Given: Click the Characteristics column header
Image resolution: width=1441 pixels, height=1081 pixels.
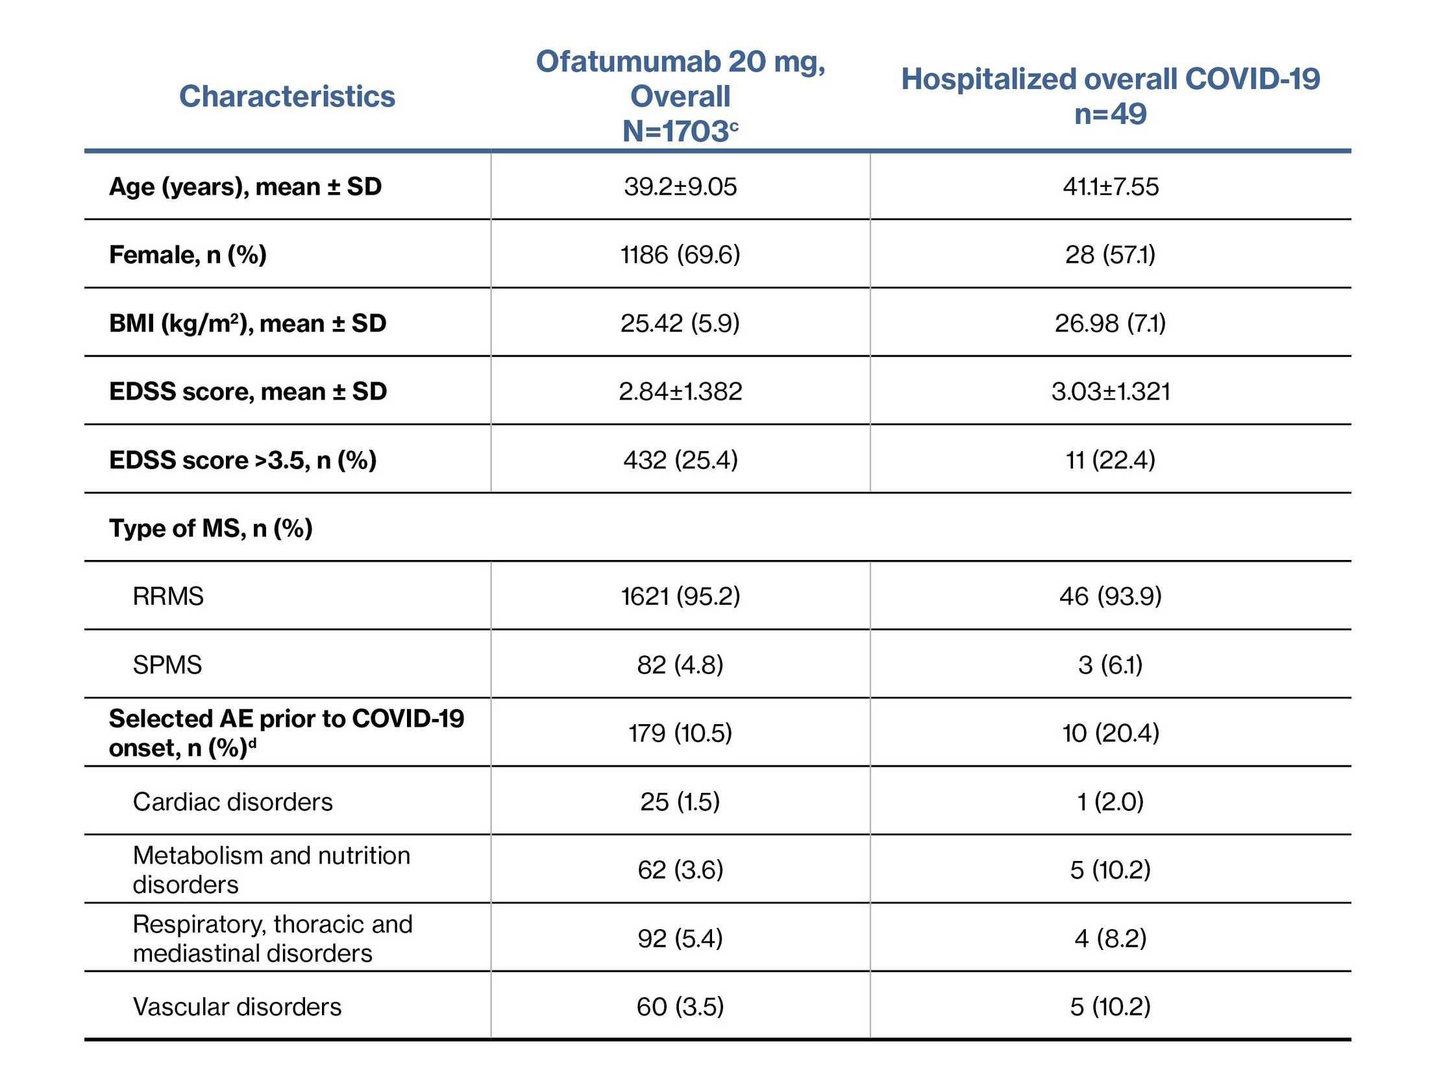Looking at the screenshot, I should point(287,97).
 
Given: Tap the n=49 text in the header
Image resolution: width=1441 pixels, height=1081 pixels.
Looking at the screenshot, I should point(1109,114).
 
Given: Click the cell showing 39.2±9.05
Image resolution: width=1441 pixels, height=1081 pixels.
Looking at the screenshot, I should point(680,187).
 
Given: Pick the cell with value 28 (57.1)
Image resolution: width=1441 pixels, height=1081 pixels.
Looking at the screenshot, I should point(1109,254).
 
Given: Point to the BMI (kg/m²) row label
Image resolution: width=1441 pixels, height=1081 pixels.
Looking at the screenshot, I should point(247,323).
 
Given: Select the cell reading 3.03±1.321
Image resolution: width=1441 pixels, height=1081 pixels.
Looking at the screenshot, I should point(1110,391).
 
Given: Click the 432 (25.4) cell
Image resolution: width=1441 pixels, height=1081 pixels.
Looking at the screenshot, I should point(680,460).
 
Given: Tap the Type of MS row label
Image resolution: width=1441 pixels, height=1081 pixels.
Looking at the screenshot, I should point(210,528).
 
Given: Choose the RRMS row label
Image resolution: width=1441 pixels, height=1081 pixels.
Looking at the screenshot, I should point(168,596).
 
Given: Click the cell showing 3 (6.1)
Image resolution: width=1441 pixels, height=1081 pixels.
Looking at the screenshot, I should point(1109,665).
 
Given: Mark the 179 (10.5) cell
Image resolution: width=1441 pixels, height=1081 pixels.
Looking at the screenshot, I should point(680,733).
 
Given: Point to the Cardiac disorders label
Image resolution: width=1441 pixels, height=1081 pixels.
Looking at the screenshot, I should point(232,801).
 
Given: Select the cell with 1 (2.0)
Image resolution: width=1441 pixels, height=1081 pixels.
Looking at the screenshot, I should point(1109,801).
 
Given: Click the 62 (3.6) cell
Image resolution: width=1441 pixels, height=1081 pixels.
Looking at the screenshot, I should point(680,870).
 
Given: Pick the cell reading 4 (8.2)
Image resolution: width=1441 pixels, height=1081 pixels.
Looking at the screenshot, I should point(1109,938).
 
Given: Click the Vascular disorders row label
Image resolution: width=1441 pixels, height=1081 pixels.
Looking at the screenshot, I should point(237,1007).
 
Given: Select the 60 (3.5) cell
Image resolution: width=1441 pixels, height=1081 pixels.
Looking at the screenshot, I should point(680,1007).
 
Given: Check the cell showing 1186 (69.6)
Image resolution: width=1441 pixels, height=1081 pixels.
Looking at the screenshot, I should point(680,254).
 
